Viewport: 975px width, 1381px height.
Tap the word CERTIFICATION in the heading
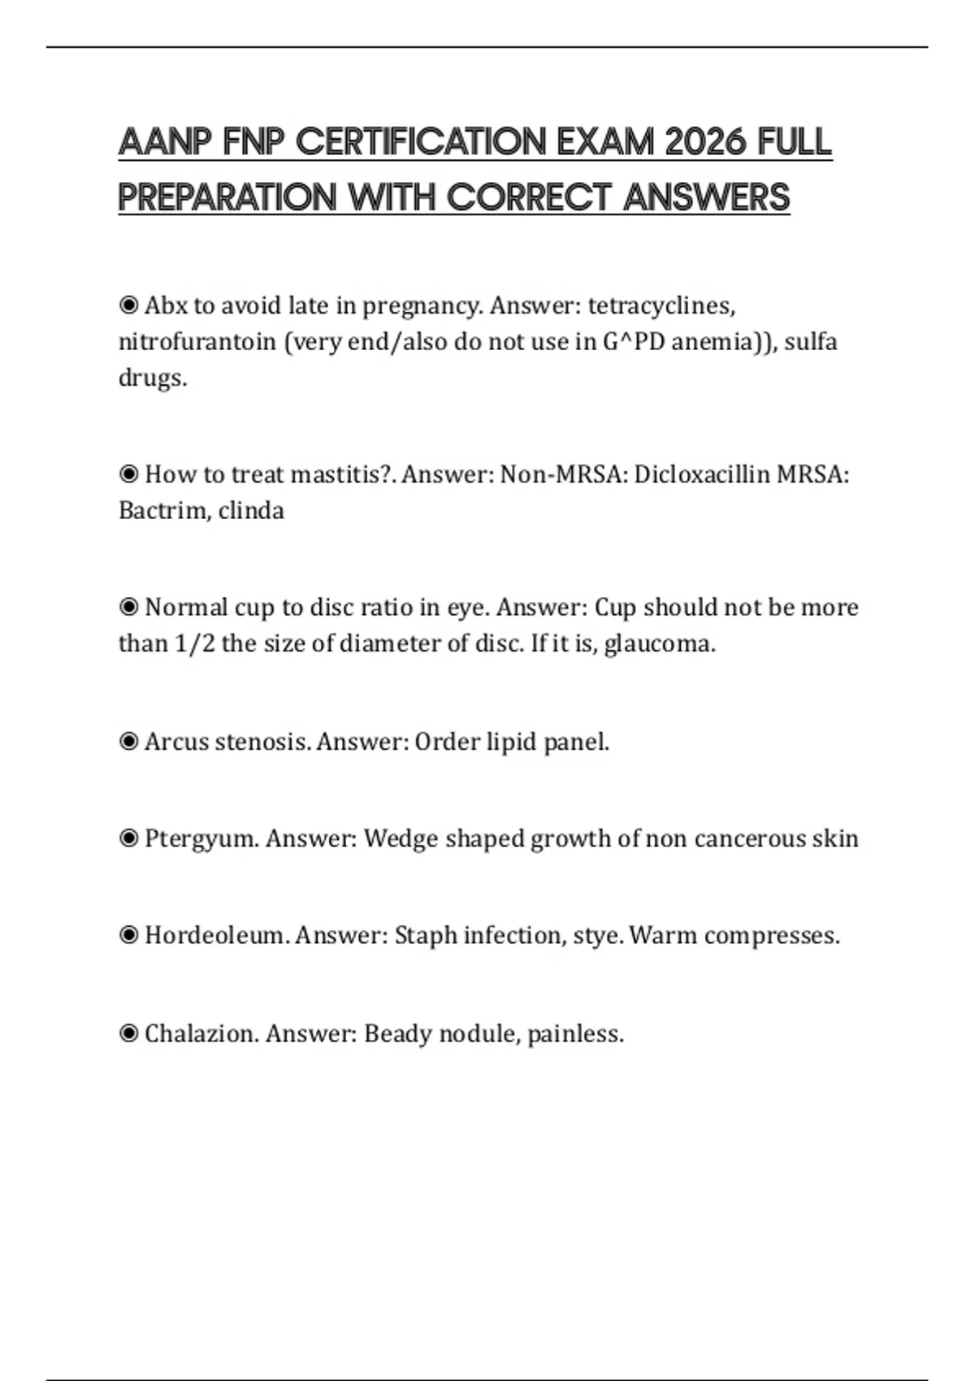[x=422, y=142]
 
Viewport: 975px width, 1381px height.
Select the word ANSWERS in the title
[x=707, y=197]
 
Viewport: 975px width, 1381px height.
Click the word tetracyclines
[x=661, y=306]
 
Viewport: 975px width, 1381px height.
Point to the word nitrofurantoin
[x=197, y=342]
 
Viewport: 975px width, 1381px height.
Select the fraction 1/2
[x=195, y=644]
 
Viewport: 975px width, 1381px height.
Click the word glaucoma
[x=659, y=644]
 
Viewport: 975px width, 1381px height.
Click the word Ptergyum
[x=201, y=838]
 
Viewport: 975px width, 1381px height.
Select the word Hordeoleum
[x=216, y=936]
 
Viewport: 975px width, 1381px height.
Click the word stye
[x=597, y=936]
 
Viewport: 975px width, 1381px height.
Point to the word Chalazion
[x=201, y=1034]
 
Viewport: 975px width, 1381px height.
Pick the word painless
[x=575, y=1034]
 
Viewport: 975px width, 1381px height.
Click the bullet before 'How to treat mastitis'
[x=128, y=474]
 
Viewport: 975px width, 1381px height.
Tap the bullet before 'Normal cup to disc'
[x=128, y=608]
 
